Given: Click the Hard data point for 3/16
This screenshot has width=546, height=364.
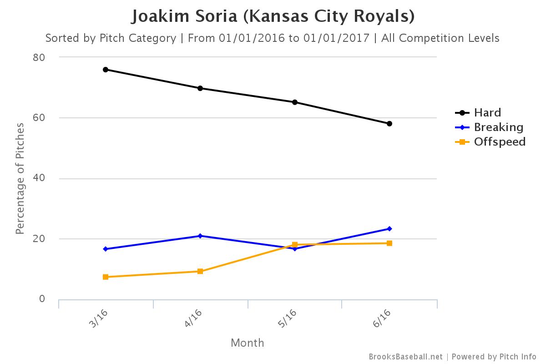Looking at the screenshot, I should pos(106,70).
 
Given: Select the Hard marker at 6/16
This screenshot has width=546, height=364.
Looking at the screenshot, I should pos(389,124).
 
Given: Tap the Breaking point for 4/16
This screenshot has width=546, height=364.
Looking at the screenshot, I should pos(200,236).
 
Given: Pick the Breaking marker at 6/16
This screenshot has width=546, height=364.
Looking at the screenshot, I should pos(389,229).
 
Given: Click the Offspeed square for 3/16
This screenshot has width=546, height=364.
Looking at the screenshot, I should pos(106,277).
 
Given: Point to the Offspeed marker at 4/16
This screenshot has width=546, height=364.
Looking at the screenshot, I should pos(200,271).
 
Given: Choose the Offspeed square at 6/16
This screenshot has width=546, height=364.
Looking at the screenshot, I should pos(389,243).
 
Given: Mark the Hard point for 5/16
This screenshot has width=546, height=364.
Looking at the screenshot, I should pos(295,102).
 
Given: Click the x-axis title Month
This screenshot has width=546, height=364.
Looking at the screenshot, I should pos(247,343).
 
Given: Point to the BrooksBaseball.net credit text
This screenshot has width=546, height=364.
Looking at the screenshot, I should pos(405,357).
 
